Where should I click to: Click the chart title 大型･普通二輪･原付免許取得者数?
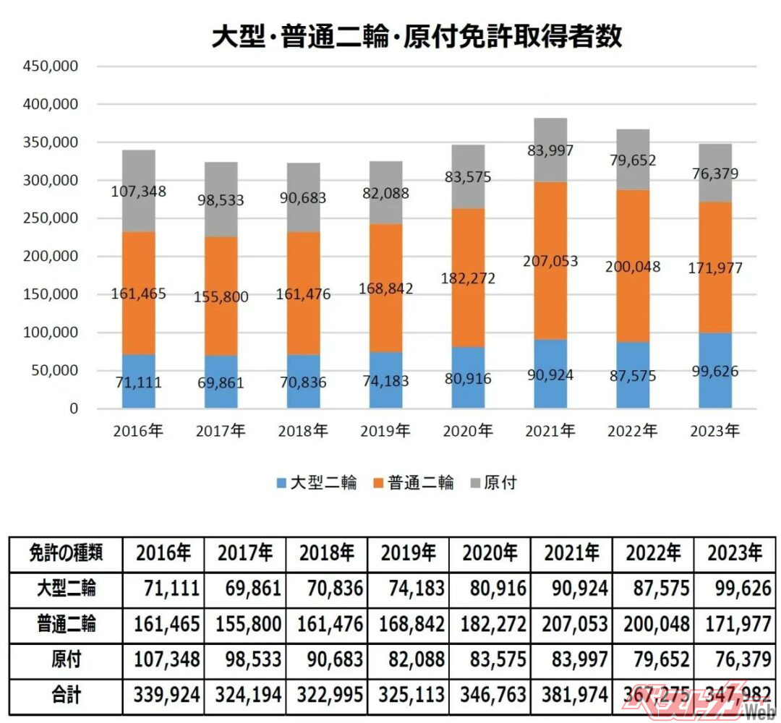coord(417,35)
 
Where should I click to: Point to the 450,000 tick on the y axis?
coord(52,67)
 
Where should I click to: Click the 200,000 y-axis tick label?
coord(52,257)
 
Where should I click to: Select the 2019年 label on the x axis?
coord(385,432)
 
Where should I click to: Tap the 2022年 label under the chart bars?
coord(632,432)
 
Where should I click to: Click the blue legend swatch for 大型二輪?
coord(281,483)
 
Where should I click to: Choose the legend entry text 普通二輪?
coord(421,483)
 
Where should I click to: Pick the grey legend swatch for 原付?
coord(475,483)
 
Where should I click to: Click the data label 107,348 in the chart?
coord(138,192)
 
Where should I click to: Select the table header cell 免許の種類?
coord(66,554)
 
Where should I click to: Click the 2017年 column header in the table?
coord(245,554)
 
